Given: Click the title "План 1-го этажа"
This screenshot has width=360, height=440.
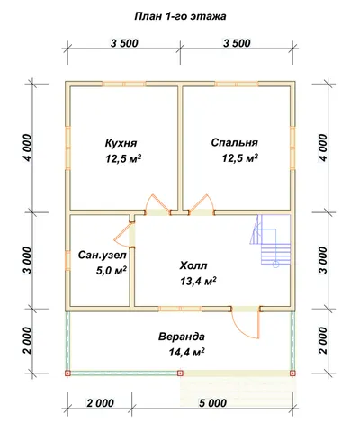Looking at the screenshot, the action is (x=180, y=16).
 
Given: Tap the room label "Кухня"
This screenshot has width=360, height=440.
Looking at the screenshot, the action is (x=121, y=143).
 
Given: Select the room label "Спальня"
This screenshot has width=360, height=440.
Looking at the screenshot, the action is (x=235, y=142).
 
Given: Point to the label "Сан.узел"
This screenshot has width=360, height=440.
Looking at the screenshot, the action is (x=103, y=256).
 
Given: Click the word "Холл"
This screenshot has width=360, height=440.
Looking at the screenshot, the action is (x=193, y=265).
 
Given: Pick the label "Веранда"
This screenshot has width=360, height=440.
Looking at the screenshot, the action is (x=182, y=337).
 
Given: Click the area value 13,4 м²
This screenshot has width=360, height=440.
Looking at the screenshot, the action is (x=198, y=281).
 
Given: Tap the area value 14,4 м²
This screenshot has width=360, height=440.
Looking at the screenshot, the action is (x=186, y=352).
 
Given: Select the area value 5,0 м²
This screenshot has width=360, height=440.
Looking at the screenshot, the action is (x=111, y=271).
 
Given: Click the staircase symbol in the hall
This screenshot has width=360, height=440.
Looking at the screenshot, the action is (x=270, y=240).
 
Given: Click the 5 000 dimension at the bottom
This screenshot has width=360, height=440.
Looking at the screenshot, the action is (x=212, y=403).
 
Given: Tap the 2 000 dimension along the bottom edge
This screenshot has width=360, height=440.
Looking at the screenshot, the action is (x=101, y=403).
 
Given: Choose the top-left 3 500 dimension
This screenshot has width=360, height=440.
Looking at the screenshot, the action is (x=124, y=43).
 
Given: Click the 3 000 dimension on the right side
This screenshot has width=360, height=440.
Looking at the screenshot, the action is (x=323, y=260).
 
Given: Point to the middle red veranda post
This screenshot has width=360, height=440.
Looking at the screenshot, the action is (x=180, y=373).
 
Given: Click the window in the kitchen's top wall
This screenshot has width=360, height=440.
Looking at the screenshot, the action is (x=124, y=84).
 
